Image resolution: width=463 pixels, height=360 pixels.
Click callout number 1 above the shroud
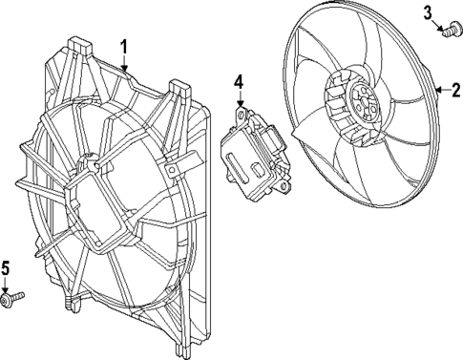coord(124,45)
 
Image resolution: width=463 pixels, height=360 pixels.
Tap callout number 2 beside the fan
coord(455,91)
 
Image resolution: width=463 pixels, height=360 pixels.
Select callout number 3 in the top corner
coord(428,11)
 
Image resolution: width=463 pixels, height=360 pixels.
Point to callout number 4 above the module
coord(240,83)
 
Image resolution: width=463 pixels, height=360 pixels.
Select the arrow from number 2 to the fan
coord(441,91)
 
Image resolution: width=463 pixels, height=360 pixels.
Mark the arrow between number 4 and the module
coord(241,100)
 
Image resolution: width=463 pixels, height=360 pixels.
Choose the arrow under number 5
coord(7,286)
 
